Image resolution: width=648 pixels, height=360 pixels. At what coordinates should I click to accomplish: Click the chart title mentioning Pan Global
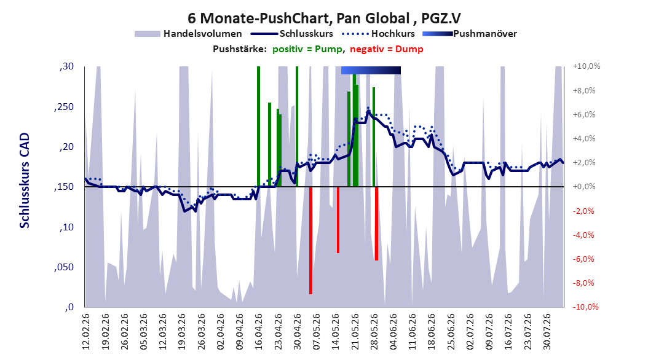[x=324, y=18]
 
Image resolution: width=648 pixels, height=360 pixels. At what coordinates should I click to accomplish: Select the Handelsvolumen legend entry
[x=188, y=34]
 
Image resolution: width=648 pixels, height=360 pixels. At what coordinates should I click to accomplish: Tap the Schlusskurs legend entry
[x=292, y=34]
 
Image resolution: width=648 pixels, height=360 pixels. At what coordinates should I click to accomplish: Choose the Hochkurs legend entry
[x=379, y=34]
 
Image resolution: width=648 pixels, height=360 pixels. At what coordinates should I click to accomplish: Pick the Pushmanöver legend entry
[x=470, y=34]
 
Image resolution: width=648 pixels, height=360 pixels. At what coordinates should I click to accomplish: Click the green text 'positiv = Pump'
[x=307, y=49]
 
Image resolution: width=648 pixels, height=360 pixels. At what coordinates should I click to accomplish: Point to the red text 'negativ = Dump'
[x=387, y=49]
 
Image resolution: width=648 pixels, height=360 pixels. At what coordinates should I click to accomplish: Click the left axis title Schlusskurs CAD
[x=25, y=181]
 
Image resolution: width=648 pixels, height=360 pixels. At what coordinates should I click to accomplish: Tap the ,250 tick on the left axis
[x=64, y=107]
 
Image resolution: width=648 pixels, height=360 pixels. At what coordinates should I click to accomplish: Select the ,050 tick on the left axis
[x=64, y=267]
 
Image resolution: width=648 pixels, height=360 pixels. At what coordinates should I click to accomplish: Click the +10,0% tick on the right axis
[x=587, y=66]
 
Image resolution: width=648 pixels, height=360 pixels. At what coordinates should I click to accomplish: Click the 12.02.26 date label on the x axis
[x=86, y=332]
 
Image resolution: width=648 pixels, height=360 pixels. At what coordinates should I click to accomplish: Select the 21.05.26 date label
[x=355, y=332]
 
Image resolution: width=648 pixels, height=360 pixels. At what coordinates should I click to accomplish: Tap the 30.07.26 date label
[x=547, y=332]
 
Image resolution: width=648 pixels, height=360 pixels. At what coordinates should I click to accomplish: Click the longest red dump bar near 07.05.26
[x=310, y=240]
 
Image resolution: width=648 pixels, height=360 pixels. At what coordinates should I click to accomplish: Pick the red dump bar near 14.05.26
[x=338, y=220]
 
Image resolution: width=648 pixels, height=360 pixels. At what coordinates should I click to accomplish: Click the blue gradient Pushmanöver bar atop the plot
[x=371, y=70]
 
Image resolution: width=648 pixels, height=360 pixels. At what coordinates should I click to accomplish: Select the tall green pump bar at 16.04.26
[x=258, y=127]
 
